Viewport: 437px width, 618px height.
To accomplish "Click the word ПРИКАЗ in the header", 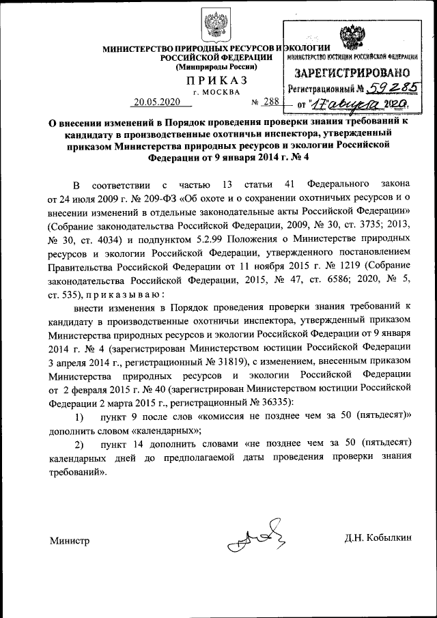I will point(218,81).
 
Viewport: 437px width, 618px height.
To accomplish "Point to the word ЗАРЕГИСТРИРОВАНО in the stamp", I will point(352,72).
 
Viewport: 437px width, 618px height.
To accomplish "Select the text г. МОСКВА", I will point(217,92).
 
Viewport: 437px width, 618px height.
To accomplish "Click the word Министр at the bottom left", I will point(69,541).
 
